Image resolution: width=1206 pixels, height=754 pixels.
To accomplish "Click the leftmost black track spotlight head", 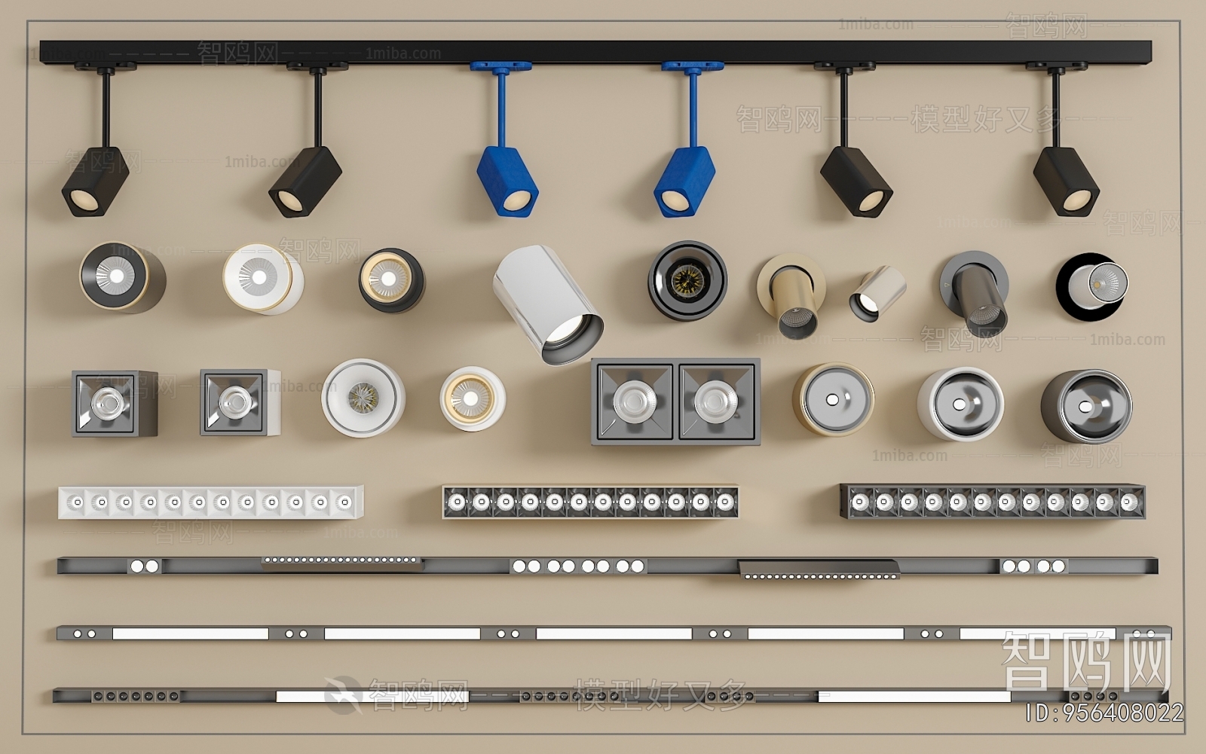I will tap(93, 182).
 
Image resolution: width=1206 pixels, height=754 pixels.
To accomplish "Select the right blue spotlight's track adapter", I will tap(692, 67).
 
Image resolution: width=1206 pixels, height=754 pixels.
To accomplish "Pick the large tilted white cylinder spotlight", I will tap(548, 304).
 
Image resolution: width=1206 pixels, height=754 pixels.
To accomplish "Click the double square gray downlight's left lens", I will tap(633, 400).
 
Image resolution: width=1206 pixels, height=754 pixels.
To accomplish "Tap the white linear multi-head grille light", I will tap(210, 502).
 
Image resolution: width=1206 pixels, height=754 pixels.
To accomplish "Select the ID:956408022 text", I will tap(1104, 713).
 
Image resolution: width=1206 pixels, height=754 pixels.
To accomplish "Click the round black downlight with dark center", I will tap(687, 280).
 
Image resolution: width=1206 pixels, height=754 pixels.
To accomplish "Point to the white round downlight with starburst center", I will tap(363, 397).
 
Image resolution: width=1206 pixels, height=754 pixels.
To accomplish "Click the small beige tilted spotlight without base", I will tap(876, 292).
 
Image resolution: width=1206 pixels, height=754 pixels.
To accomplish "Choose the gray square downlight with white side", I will tap(239, 402).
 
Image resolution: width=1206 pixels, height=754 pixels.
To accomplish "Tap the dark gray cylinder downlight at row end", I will tap(1085, 406).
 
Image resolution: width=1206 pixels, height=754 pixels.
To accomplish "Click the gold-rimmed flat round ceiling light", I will tap(832, 398).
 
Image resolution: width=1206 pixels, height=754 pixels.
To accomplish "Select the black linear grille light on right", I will tap(992, 502).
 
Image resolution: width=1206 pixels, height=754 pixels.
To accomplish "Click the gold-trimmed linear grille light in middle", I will tap(589, 502).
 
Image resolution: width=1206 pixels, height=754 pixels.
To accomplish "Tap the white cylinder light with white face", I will tap(262, 279).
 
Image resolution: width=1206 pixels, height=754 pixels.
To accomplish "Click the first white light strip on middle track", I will tap(190, 634).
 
